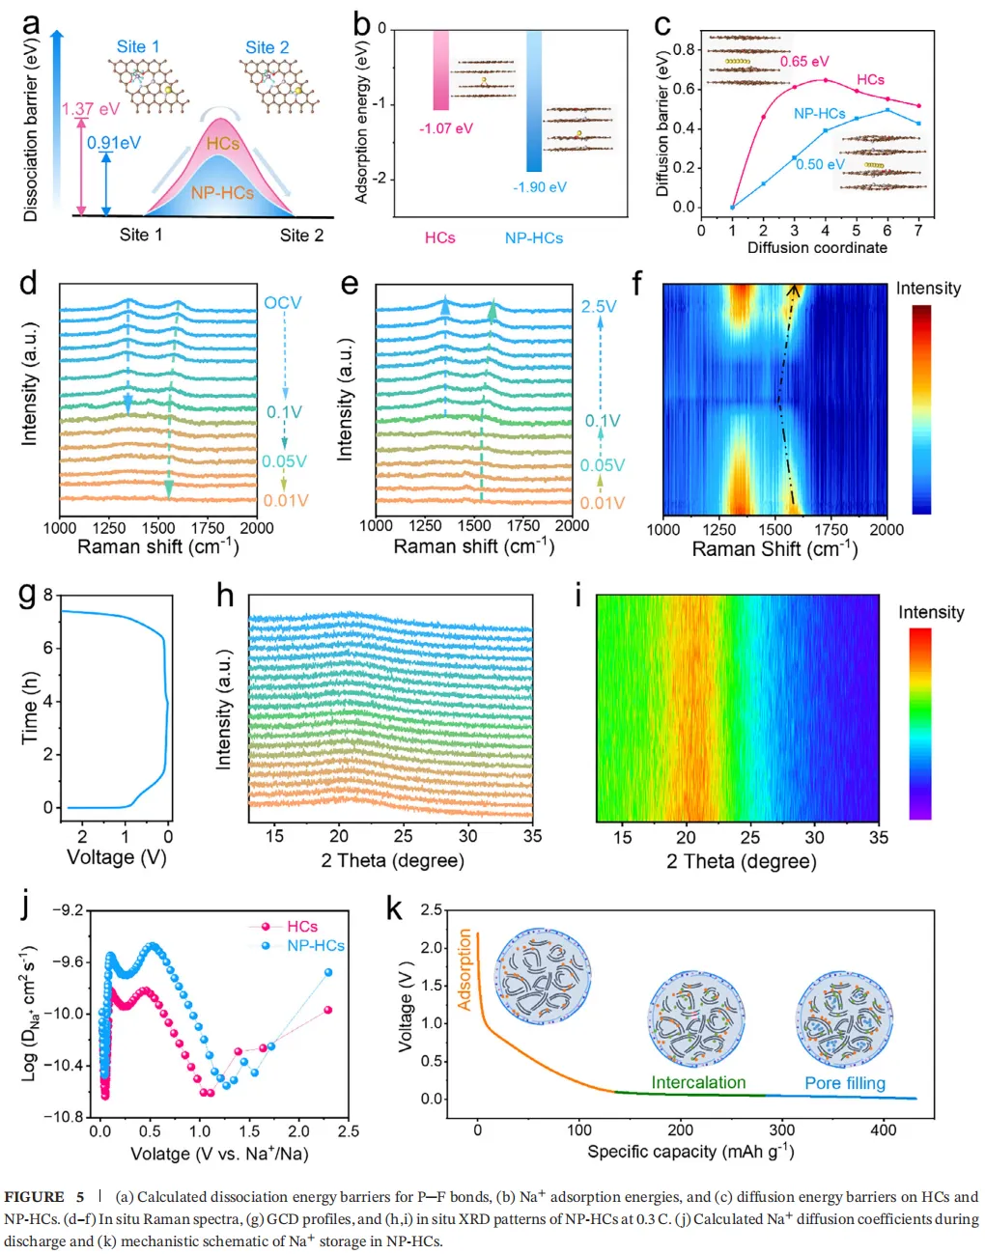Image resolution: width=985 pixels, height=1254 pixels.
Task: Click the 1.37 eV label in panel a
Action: [91, 109]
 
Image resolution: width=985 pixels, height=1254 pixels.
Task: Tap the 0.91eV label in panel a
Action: [114, 143]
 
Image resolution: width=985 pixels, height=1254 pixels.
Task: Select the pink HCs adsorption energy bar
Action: [440, 70]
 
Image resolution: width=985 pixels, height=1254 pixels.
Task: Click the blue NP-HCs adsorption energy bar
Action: [534, 100]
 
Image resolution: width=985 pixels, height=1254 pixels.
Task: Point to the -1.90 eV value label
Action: [540, 187]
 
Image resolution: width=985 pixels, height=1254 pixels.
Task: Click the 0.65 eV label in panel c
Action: [804, 62]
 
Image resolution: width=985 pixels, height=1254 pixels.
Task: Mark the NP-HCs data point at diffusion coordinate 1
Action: [732, 207]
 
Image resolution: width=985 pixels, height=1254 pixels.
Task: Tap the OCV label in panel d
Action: [283, 303]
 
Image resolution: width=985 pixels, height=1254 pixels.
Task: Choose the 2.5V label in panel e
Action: [599, 306]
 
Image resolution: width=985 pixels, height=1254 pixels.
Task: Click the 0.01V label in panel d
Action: [285, 500]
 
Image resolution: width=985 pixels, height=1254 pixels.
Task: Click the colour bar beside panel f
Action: [921, 409]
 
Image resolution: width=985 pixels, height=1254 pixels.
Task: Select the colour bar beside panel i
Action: [920, 723]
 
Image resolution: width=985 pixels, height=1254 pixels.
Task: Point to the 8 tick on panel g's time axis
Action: [48, 596]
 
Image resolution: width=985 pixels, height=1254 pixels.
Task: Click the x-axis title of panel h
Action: [392, 860]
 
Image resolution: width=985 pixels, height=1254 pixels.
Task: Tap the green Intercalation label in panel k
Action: [698, 1082]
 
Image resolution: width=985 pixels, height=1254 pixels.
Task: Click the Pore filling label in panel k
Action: [845, 1083]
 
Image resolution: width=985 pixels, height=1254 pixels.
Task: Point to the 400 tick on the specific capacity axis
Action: [884, 1129]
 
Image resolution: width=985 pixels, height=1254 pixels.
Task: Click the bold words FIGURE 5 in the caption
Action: [43, 1197]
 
